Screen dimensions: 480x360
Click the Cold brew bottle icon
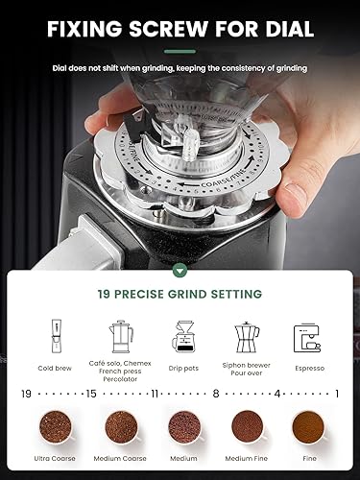pyautogui.click(x=51, y=337)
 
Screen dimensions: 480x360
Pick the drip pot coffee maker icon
pyautogui.click(x=183, y=338)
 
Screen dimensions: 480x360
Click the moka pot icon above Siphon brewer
pyautogui.click(x=247, y=337)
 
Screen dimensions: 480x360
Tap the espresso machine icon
pyautogui.click(x=308, y=338)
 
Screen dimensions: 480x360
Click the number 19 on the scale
pyautogui.click(x=26, y=393)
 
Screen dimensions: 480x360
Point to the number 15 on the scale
pyautogui.click(x=92, y=393)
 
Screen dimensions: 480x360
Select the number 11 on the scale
pyautogui.click(x=155, y=393)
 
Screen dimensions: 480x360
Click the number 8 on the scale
pyautogui.click(x=217, y=393)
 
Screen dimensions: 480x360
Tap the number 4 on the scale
pyautogui.click(x=277, y=393)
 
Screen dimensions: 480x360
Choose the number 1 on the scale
pyautogui.click(x=337, y=393)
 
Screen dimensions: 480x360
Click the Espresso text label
pyautogui.click(x=308, y=368)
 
